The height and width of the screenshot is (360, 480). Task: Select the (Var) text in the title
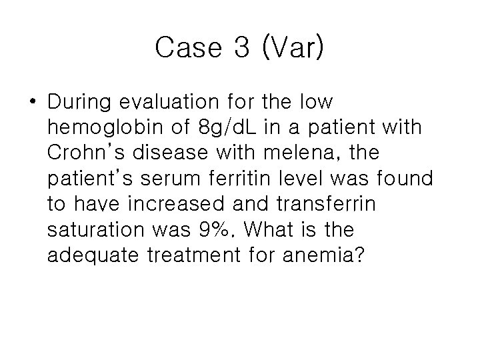click(x=294, y=48)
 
